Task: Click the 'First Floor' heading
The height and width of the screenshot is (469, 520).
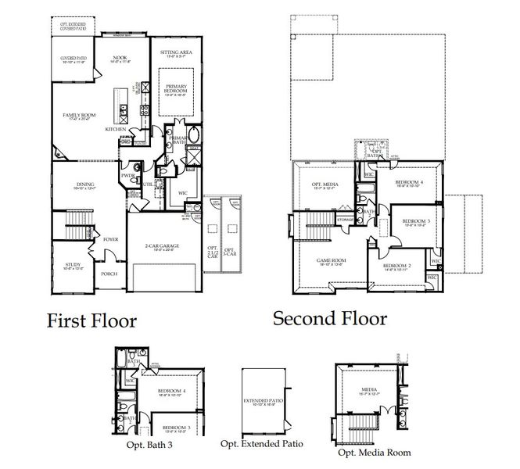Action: (92, 320)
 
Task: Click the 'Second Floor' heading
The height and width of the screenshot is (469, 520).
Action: (329, 318)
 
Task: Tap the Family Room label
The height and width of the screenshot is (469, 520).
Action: (79, 116)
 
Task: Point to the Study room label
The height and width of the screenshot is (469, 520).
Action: (73, 266)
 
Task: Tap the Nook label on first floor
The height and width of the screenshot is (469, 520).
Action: (120, 57)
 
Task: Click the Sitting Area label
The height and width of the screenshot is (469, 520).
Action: (176, 52)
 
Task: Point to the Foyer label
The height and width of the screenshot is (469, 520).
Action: (110, 239)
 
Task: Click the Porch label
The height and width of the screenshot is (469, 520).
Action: (110, 274)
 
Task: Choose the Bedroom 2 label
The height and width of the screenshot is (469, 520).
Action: (399, 267)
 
